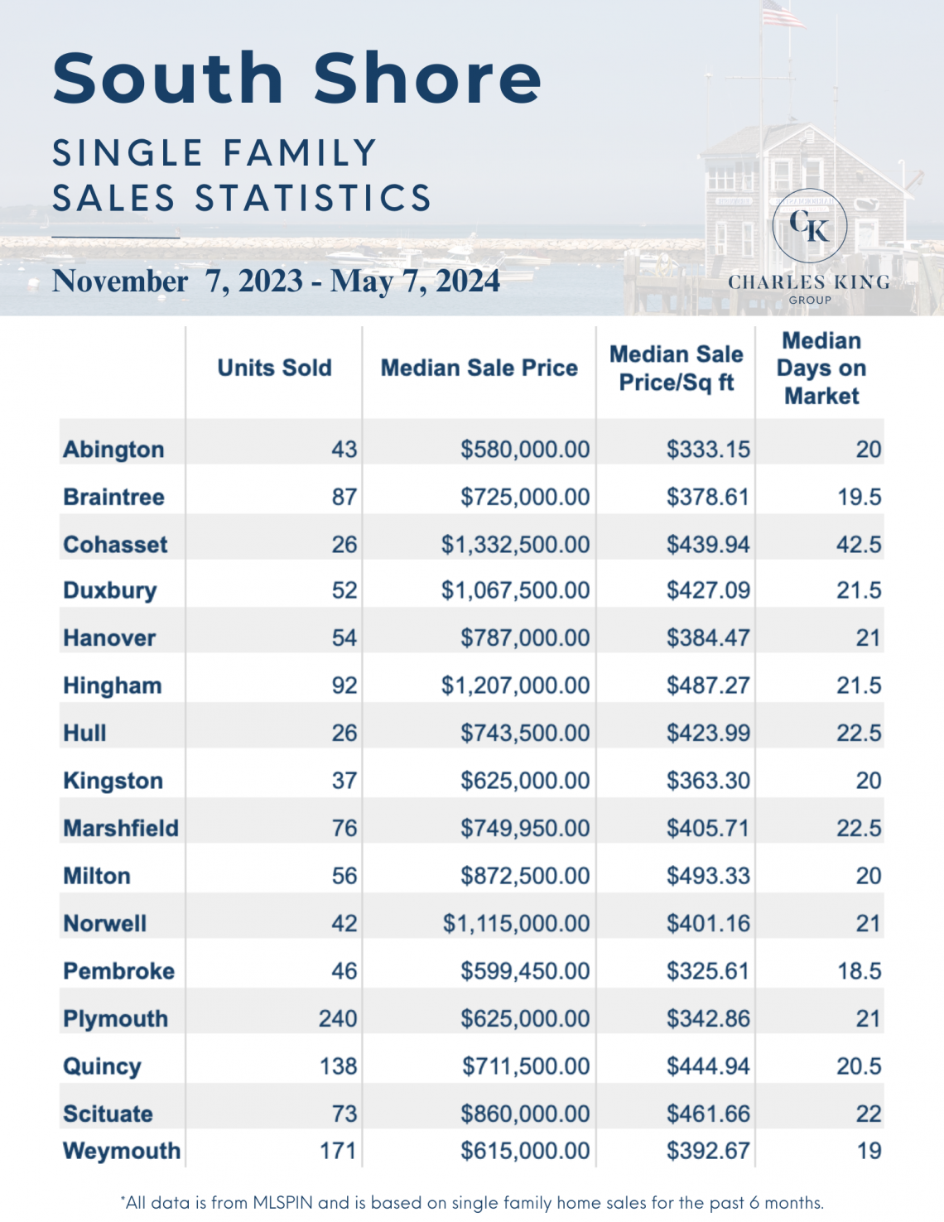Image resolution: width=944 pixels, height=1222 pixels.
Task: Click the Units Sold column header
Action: click(274, 368)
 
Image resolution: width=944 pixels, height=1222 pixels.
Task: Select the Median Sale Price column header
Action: click(479, 368)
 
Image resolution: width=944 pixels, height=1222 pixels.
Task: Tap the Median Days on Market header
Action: click(821, 368)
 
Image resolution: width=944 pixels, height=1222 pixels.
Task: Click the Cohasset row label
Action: click(115, 544)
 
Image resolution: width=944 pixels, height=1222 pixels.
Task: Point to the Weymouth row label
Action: click(122, 1151)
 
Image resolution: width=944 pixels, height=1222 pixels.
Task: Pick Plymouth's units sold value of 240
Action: click(338, 1018)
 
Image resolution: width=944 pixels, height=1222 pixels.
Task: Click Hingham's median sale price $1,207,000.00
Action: click(515, 686)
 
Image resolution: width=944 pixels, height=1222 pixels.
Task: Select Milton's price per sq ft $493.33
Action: click(708, 876)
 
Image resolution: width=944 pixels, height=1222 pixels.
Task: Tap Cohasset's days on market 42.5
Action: click(859, 544)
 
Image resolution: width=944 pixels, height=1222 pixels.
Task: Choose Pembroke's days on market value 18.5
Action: click(859, 971)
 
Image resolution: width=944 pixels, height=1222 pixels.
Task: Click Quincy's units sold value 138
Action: click(338, 1066)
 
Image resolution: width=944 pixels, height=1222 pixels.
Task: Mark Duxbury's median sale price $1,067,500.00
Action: click(515, 590)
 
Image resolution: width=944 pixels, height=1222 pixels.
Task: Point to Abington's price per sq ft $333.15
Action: click(708, 450)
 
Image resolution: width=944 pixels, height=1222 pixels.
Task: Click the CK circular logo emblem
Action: click(809, 226)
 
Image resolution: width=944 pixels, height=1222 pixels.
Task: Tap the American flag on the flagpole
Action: click(783, 15)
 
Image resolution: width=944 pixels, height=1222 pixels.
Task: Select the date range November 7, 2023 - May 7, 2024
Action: click(276, 281)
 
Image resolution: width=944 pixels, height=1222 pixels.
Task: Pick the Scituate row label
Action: click(108, 1114)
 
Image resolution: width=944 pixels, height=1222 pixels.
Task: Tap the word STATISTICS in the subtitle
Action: click(313, 199)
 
